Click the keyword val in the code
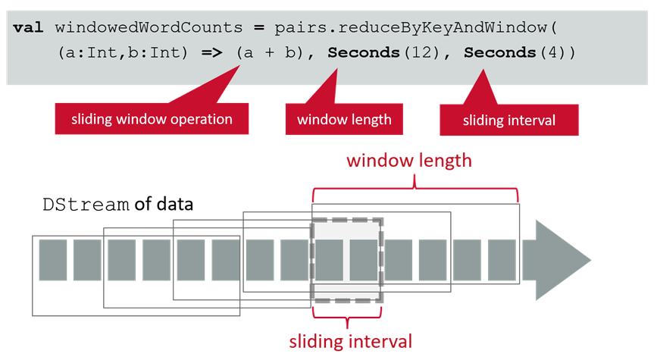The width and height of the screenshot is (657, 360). click(x=27, y=28)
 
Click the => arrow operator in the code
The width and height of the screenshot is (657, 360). click(x=214, y=54)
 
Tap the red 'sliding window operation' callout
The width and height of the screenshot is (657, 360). click(x=152, y=119)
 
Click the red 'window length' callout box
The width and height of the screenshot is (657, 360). click(x=344, y=119)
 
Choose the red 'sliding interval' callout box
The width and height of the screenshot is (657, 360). click(x=509, y=120)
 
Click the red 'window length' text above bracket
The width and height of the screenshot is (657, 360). click(x=409, y=161)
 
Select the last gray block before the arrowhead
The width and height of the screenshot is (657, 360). click(x=502, y=260)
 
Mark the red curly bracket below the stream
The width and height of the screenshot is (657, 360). click(x=348, y=317)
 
